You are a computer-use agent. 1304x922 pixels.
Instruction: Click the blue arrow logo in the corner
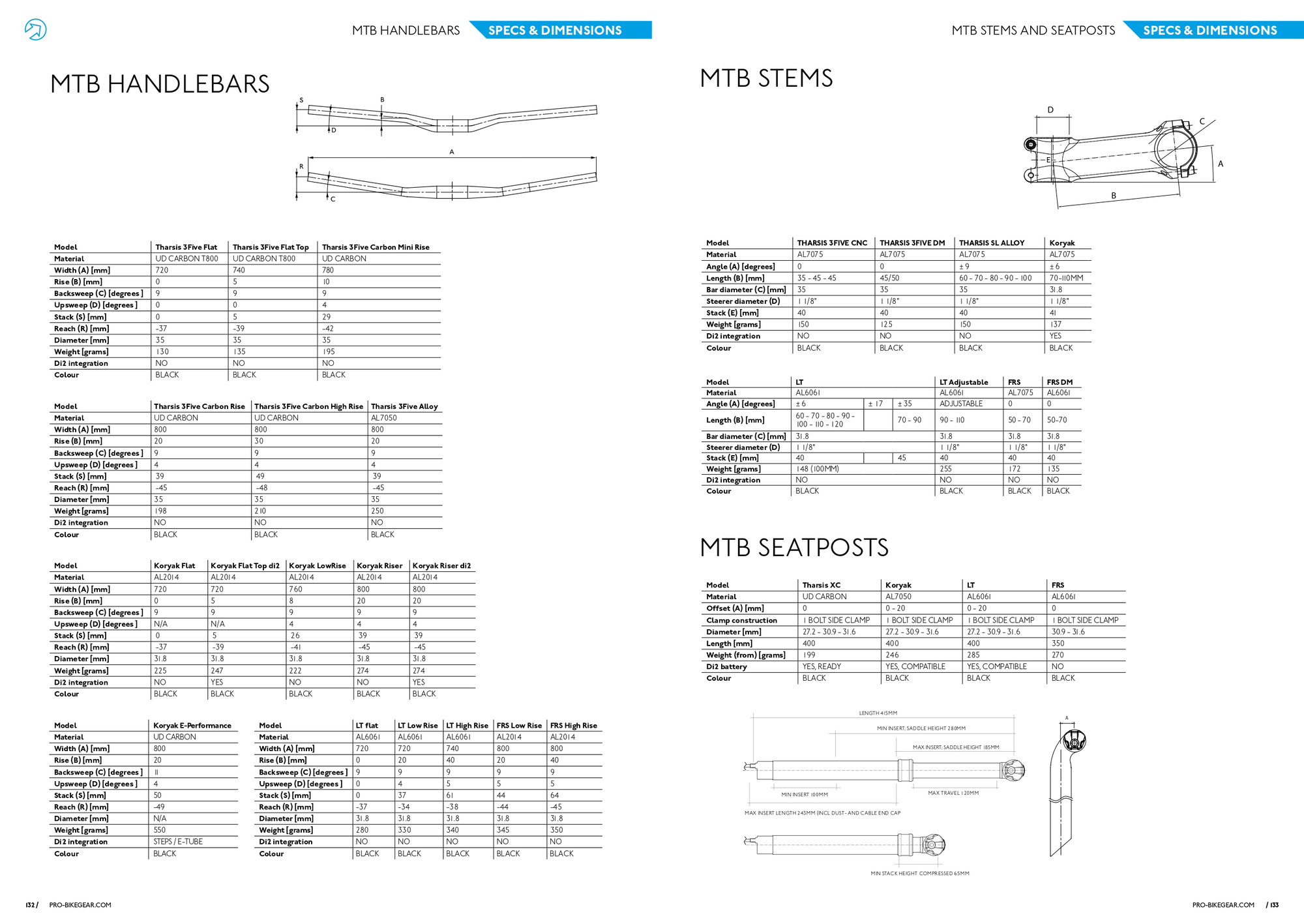(35, 29)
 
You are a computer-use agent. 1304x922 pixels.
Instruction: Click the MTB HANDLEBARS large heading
(160, 84)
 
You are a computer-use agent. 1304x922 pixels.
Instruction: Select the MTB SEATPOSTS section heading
(794, 548)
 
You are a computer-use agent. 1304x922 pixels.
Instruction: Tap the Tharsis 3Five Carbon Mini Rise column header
(376, 247)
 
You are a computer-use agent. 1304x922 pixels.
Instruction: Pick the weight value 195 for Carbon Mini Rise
(329, 351)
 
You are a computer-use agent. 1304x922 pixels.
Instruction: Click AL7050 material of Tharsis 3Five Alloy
(384, 418)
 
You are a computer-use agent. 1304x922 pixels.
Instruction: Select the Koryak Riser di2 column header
(441, 566)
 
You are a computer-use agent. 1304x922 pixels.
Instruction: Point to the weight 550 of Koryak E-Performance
(160, 830)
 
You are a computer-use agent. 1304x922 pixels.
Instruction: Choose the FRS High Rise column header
(574, 726)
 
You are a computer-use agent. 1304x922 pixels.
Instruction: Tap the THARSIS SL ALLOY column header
(992, 243)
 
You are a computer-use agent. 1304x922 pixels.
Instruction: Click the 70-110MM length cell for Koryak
(1066, 278)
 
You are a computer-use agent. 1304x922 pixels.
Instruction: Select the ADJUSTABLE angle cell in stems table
(961, 404)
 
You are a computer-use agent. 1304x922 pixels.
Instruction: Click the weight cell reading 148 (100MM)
(817, 469)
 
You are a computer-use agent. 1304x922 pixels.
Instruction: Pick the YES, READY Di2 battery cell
(822, 666)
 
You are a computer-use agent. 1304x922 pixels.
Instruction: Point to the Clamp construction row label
(741, 621)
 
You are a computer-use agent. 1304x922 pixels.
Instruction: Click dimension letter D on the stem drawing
(1050, 110)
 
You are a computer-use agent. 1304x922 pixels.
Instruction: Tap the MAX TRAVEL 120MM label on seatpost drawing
(953, 793)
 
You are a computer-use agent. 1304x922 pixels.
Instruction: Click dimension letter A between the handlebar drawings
(451, 152)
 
